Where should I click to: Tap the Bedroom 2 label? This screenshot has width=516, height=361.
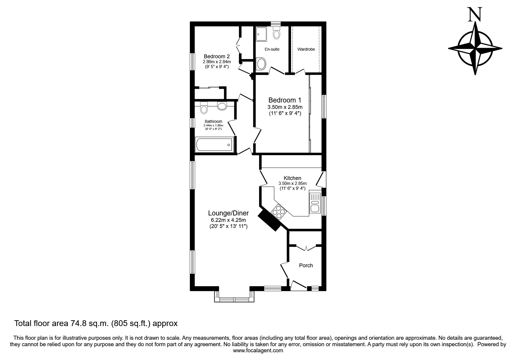click(x=217, y=56)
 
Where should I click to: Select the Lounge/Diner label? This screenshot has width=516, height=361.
click(x=228, y=213)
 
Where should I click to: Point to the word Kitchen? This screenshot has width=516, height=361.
click(x=293, y=178)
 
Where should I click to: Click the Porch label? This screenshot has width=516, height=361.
click(x=306, y=266)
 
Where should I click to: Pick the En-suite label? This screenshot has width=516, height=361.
click(x=272, y=49)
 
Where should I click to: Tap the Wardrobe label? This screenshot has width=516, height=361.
click(x=306, y=49)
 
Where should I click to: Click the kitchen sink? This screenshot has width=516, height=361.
click(x=315, y=203)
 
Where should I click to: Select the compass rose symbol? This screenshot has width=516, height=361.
click(x=475, y=48)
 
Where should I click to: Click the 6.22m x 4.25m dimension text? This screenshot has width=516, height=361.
click(x=228, y=220)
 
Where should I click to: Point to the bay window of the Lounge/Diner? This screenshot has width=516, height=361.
click(x=235, y=296)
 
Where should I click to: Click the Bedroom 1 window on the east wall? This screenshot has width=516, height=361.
click(x=324, y=106)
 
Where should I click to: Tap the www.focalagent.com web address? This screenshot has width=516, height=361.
click(x=258, y=351)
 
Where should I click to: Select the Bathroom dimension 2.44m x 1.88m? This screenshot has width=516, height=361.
click(x=213, y=125)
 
